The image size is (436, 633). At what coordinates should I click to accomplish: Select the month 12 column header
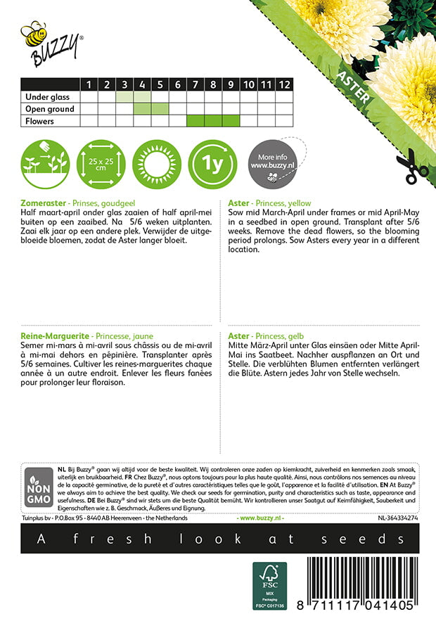283,85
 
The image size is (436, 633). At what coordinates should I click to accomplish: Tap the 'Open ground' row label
49,109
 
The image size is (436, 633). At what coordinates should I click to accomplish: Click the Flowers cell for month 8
213,121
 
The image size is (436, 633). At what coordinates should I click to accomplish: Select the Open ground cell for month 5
160,109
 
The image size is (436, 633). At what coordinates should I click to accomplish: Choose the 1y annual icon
214,165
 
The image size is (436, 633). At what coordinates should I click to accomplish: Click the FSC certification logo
270,586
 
